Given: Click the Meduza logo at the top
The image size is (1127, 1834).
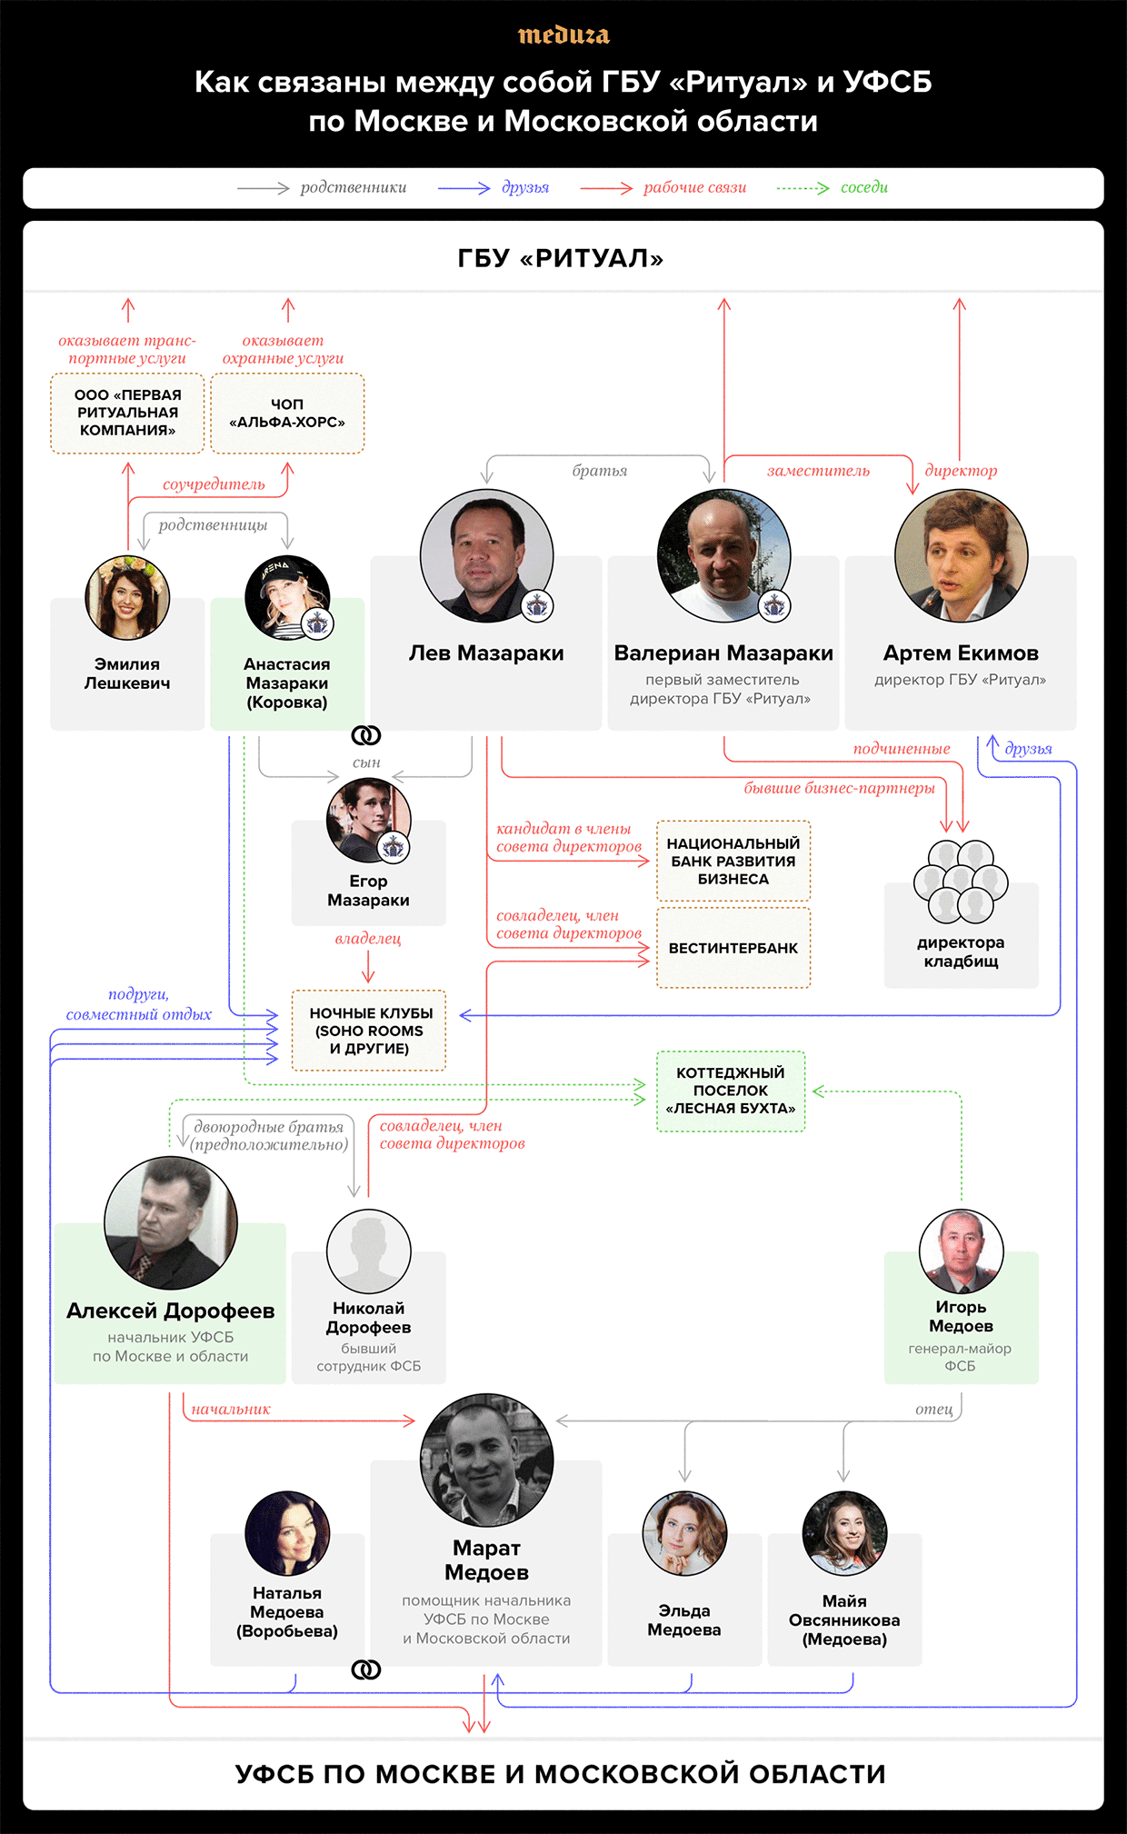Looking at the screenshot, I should [x=563, y=35].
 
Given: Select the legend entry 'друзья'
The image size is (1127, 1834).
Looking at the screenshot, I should [x=525, y=187].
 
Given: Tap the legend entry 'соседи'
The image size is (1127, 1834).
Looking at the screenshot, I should [x=863, y=187].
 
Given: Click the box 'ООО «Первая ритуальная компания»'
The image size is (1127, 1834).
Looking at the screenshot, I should [x=127, y=414].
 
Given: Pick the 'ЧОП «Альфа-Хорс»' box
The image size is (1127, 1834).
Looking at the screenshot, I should [x=287, y=414].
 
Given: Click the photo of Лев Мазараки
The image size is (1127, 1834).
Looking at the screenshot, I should [x=486, y=555].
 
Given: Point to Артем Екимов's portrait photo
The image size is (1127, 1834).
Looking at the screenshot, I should [x=961, y=555].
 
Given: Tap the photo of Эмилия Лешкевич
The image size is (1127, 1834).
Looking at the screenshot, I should [x=127, y=598].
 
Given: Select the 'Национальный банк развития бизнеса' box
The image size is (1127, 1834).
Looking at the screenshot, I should [x=733, y=861].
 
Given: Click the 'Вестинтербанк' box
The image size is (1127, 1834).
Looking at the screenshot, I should [x=733, y=948].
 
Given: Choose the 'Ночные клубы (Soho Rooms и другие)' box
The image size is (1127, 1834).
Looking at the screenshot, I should [x=369, y=1031].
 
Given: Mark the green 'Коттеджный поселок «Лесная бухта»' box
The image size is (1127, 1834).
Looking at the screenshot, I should [x=731, y=1091].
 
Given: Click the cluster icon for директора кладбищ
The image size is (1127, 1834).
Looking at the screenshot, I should [x=961, y=881].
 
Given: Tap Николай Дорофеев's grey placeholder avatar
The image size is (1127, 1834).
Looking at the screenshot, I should [x=368, y=1251].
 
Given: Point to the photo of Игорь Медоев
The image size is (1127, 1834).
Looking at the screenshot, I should [x=961, y=1251].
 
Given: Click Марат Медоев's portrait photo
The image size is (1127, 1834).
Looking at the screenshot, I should [x=486, y=1460].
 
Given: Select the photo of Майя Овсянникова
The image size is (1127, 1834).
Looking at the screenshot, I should [x=844, y=1533].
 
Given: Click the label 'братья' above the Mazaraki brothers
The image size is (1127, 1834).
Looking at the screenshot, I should [x=600, y=471].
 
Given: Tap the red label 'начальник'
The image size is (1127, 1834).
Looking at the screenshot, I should [x=231, y=1410].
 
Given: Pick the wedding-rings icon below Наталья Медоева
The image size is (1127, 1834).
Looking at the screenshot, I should [x=366, y=1670].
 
